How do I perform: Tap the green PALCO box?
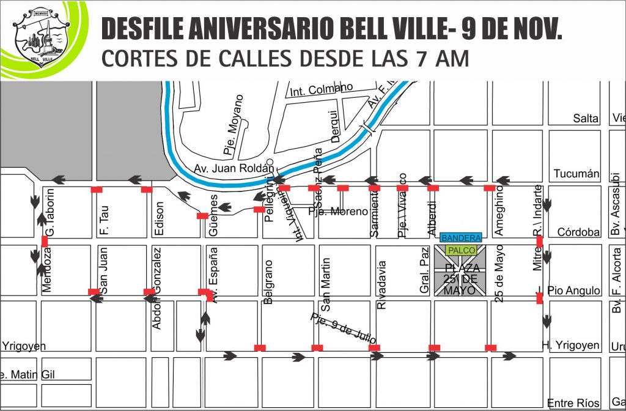coord(461,250)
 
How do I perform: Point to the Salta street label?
coord(586,118)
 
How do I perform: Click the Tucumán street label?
coord(576,174)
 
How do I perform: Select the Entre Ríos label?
coord(573,402)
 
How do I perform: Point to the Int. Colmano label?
coord(322,90)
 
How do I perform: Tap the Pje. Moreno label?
coord(338,212)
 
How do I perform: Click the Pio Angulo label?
coord(572,291)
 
